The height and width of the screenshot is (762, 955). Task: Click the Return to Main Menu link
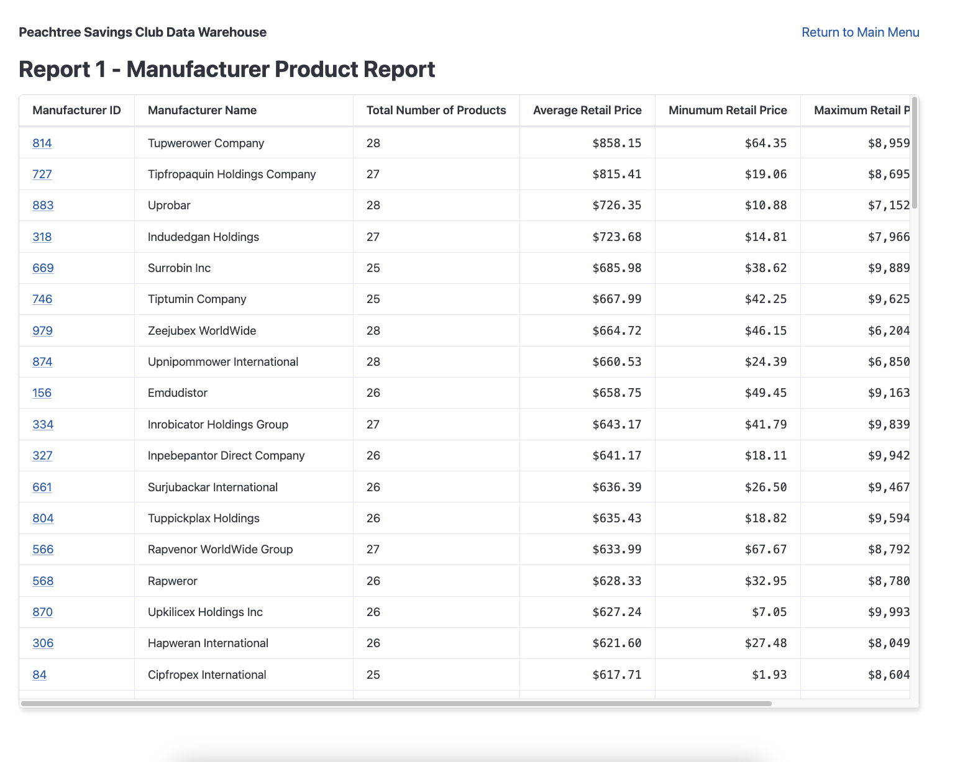[860, 32]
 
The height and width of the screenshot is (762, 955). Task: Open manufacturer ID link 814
[42, 143]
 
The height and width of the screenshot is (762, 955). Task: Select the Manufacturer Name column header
[202, 111]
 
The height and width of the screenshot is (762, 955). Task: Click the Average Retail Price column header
[587, 111]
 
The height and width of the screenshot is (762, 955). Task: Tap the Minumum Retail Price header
[727, 111]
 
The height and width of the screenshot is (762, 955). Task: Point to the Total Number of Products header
[436, 111]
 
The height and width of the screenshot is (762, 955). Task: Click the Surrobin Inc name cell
[179, 268]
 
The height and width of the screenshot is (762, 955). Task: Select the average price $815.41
[616, 175]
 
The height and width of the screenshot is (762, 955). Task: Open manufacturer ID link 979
[42, 331]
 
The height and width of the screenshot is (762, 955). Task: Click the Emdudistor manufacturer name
[178, 393]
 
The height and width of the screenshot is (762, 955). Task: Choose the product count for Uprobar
[373, 206]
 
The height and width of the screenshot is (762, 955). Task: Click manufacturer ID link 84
[39, 675]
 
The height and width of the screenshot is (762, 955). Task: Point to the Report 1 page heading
[227, 69]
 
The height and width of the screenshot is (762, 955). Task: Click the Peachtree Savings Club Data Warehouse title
[142, 32]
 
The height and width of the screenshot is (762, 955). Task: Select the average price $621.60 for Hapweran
[616, 643]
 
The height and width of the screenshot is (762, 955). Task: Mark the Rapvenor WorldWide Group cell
[220, 550]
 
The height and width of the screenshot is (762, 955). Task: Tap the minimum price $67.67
[765, 550]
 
